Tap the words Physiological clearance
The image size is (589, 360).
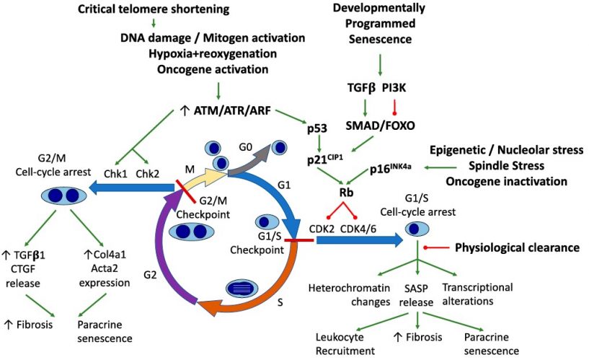(x=517, y=247)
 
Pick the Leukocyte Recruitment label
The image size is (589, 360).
(x=345, y=344)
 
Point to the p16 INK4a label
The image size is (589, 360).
(x=394, y=168)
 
